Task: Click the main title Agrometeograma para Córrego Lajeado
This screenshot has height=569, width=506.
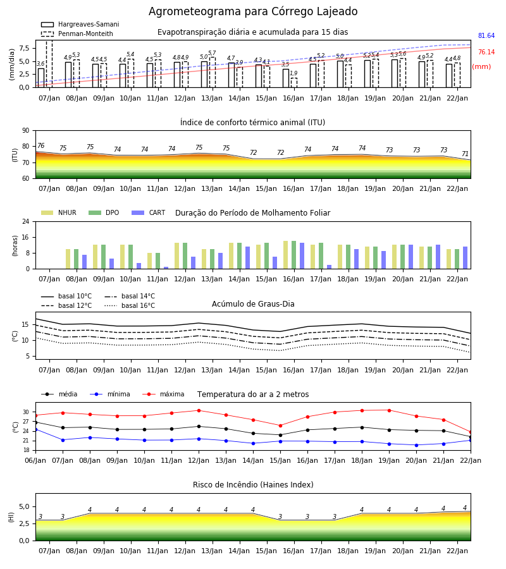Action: point(253,11)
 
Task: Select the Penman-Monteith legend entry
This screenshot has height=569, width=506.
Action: point(77,34)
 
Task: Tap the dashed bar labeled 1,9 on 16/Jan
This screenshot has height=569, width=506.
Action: point(293,83)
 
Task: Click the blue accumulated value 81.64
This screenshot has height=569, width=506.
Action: point(486,35)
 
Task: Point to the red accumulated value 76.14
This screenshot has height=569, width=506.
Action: point(486,52)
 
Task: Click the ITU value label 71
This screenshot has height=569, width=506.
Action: point(465,154)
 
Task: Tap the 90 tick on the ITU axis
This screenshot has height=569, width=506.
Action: point(25,131)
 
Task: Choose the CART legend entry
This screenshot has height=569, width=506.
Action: point(149,212)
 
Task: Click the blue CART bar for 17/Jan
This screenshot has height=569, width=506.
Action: point(330,267)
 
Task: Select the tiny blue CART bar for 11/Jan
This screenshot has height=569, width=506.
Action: point(166,268)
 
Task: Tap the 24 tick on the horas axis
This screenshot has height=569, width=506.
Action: point(25,221)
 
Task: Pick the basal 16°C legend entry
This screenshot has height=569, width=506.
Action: point(130,305)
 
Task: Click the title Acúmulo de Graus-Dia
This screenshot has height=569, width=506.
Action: point(253,303)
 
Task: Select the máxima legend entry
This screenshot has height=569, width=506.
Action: point(163,394)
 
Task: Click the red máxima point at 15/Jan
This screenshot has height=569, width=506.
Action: point(280,425)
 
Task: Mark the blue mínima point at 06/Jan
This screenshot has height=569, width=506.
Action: point(36,430)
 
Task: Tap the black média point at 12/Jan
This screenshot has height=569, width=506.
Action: point(199,426)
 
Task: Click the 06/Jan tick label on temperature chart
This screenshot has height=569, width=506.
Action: point(35,460)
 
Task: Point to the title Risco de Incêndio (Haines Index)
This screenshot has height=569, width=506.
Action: point(253,485)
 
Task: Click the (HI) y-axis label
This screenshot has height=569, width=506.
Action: point(11,517)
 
